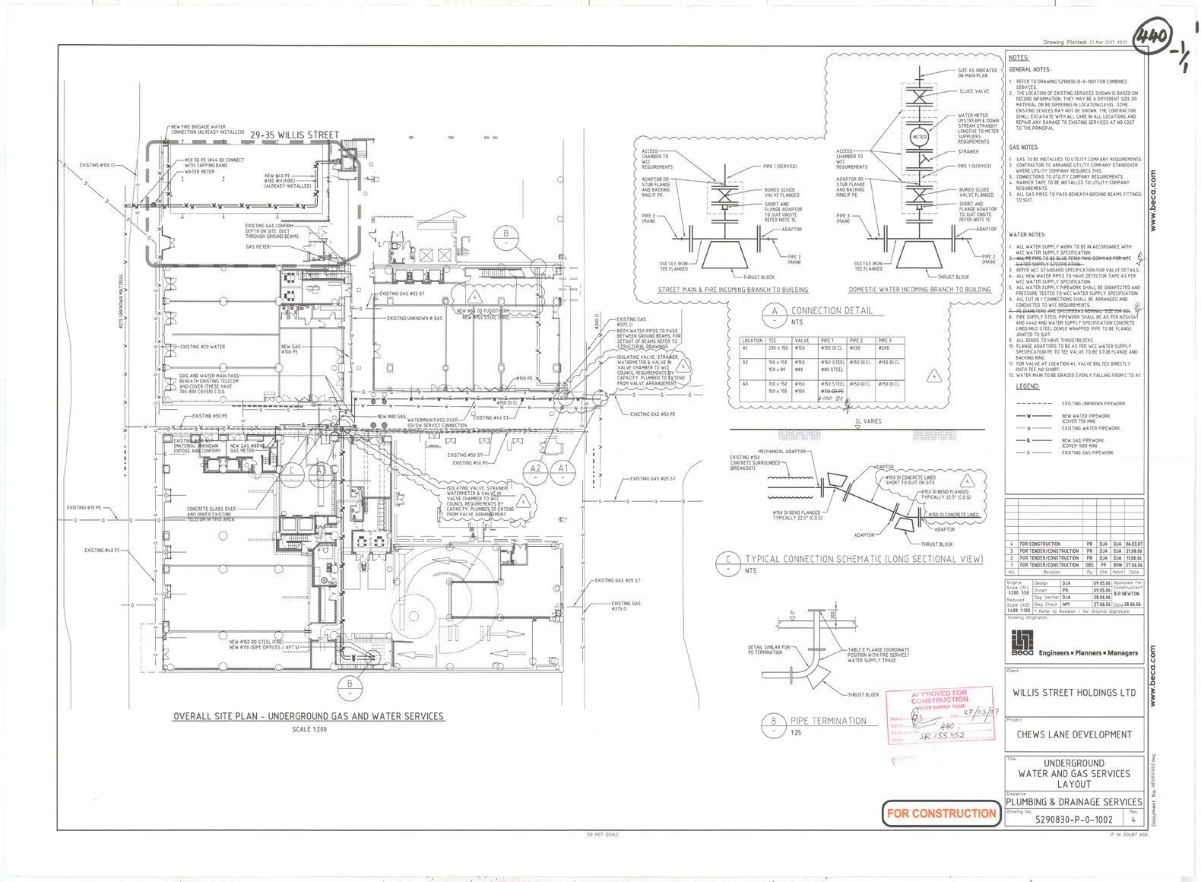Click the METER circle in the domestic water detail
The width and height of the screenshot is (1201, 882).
click(919, 137)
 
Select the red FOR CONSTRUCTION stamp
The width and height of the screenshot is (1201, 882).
click(941, 813)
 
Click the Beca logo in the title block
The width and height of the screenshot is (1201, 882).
click(1022, 644)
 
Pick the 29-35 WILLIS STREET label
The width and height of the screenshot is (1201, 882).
click(295, 135)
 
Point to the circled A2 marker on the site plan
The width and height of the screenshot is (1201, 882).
click(536, 468)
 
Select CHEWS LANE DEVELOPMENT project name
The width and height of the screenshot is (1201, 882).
click(1074, 734)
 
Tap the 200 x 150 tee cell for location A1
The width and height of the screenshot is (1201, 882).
click(778, 347)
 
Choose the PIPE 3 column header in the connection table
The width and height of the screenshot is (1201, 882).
click(884, 341)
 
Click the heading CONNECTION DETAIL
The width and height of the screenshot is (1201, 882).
click(832, 310)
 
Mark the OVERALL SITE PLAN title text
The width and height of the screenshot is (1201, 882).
click(308, 716)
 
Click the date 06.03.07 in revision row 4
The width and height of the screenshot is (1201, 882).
click(1134, 544)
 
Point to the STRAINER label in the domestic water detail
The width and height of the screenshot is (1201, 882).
click(968, 151)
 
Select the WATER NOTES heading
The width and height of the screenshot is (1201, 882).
click(1027, 235)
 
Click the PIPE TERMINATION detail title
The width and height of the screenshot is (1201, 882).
click(828, 721)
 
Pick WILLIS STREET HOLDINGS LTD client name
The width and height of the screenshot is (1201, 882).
click(1074, 693)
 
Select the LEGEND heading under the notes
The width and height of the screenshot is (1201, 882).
click(1027, 387)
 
